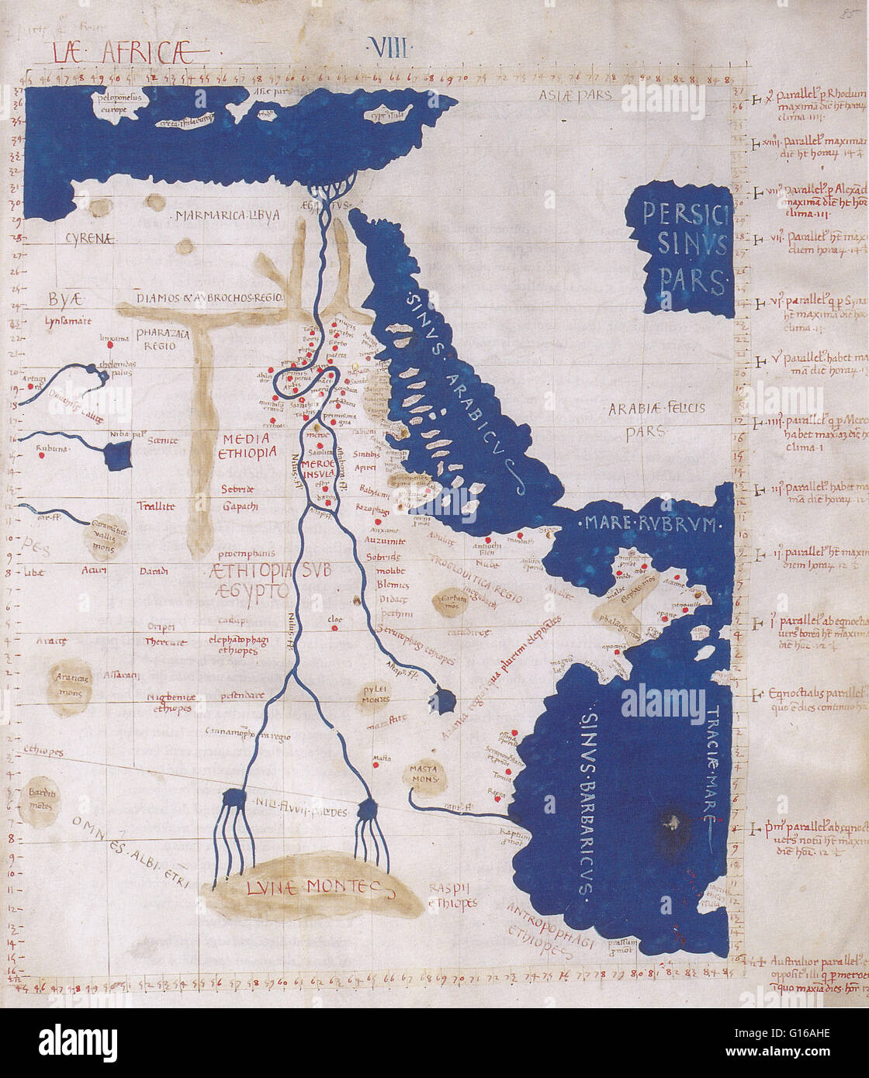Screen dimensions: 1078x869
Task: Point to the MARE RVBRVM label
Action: (x=649, y=525)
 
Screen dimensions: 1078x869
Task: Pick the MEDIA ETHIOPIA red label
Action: (x=247, y=445)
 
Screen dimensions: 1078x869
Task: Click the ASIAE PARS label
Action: (x=576, y=95)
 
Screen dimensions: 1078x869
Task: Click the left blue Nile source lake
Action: (x=234, y=800)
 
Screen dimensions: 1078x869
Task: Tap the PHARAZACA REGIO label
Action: (x=155, y=339)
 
